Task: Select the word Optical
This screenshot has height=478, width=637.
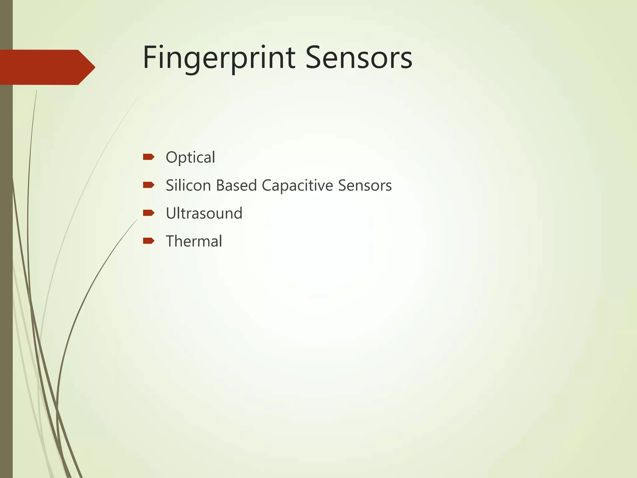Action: pyautogui.click(x=190, y=157)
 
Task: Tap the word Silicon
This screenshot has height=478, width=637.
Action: pyautogui.click(x=188, y=185)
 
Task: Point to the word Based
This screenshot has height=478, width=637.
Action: pyautogui.click(x=236, y=185)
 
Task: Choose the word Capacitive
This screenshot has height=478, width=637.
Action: pyautogui.click(x=297, y=186)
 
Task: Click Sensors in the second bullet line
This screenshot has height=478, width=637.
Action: pyautogui.click(x=365, y=185)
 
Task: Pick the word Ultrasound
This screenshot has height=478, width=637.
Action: pyautogui.click(x=204, y=213)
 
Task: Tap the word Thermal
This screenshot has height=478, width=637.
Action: pyautogui.click(x=194, y=241)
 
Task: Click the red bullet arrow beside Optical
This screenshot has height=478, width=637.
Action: pyautogui.click(x=148, y=157)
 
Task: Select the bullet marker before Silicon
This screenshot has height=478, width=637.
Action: pyautogui.click(x=148, y=185)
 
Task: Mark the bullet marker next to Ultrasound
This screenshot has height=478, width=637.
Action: pyautogui.click(x=148, y=213)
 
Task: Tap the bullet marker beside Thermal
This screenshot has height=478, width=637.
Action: pyautogui.click(x=148, y=241)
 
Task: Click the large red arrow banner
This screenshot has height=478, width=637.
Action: pyautogui.click(x=44, y=67)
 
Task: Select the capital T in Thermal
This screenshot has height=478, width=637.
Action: pyautogui.click(x=171, y=241)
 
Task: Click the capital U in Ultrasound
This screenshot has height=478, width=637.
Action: pyautogui.click(x=172, y=213)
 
